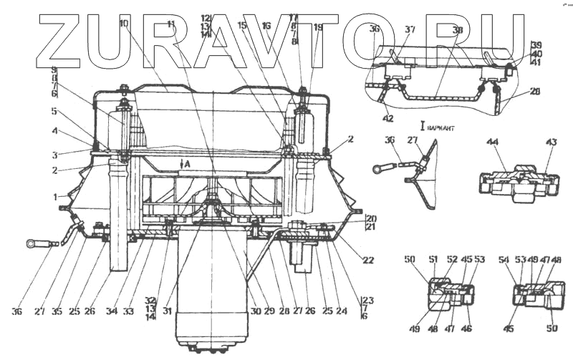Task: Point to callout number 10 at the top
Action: tap(124, 24)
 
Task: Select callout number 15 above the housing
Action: tap(241, 26)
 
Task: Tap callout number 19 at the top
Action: tap(318, 27)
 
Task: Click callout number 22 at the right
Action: tap(368, 260)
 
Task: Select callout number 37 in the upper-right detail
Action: tap(410, 29)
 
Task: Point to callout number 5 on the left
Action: tap(54, 111)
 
